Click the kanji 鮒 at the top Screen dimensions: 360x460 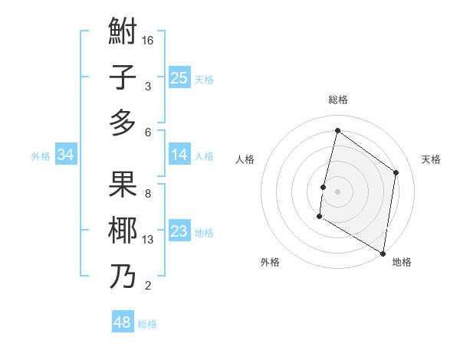(x=123, y=32)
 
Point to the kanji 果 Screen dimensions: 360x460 (x=123, y=185)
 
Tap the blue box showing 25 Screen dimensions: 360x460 (x=179, y=78)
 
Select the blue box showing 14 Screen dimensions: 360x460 (x=179, y=155)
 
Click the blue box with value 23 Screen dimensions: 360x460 (x=179, y=232)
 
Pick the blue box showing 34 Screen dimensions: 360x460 (x=66, y=155)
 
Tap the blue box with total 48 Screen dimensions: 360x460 (x=123, y=322)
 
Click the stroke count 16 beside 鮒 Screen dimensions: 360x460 (x=148, y=40)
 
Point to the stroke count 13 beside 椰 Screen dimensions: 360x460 (x=148, y=240)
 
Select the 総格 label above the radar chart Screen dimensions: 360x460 (x=337, y=100)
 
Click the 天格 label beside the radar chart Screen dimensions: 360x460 (x=431, y=159)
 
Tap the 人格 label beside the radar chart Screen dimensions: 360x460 (x=245, y=159)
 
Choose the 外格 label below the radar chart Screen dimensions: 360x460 (x=270, y=262)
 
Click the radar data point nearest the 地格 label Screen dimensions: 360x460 (x=383, y=253)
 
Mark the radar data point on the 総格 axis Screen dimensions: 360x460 (x=337, y=131)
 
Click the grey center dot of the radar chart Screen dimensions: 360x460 (x=337, y=191)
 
